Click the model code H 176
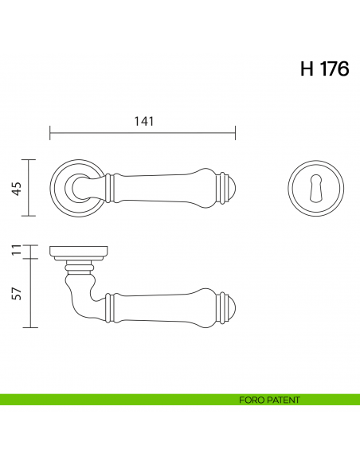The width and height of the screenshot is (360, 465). (x=324, y=69)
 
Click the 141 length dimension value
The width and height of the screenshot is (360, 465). (x=143, y=121)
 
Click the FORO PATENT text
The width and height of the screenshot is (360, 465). (x=268, y=400)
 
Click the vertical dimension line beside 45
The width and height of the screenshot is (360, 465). (x=30, y=188)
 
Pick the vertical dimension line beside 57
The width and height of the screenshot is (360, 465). (x=30, y=293)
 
